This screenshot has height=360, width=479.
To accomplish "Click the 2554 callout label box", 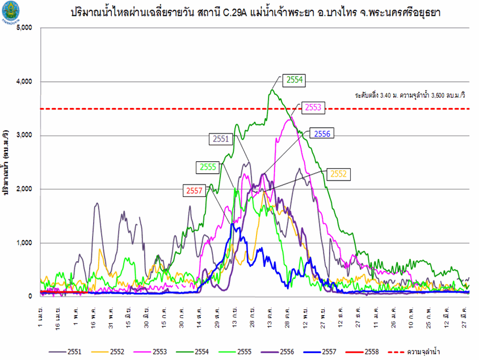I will point(294,81).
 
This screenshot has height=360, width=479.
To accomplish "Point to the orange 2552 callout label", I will point(338,174).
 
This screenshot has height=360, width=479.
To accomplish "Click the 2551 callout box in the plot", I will point(221,138).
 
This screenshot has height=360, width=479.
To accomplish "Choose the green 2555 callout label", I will point(208,167).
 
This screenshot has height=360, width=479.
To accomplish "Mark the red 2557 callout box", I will point(195,191).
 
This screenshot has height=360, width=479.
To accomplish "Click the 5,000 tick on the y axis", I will point(25,28).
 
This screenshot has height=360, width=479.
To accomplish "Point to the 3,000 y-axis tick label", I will point(25,136).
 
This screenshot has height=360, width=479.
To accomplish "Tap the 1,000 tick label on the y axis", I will point(25,243).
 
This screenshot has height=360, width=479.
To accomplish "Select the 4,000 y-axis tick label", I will point(25,82).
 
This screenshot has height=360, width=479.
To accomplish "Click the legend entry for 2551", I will point(65,352).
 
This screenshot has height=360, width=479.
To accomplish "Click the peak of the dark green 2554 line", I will point(272,90).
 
